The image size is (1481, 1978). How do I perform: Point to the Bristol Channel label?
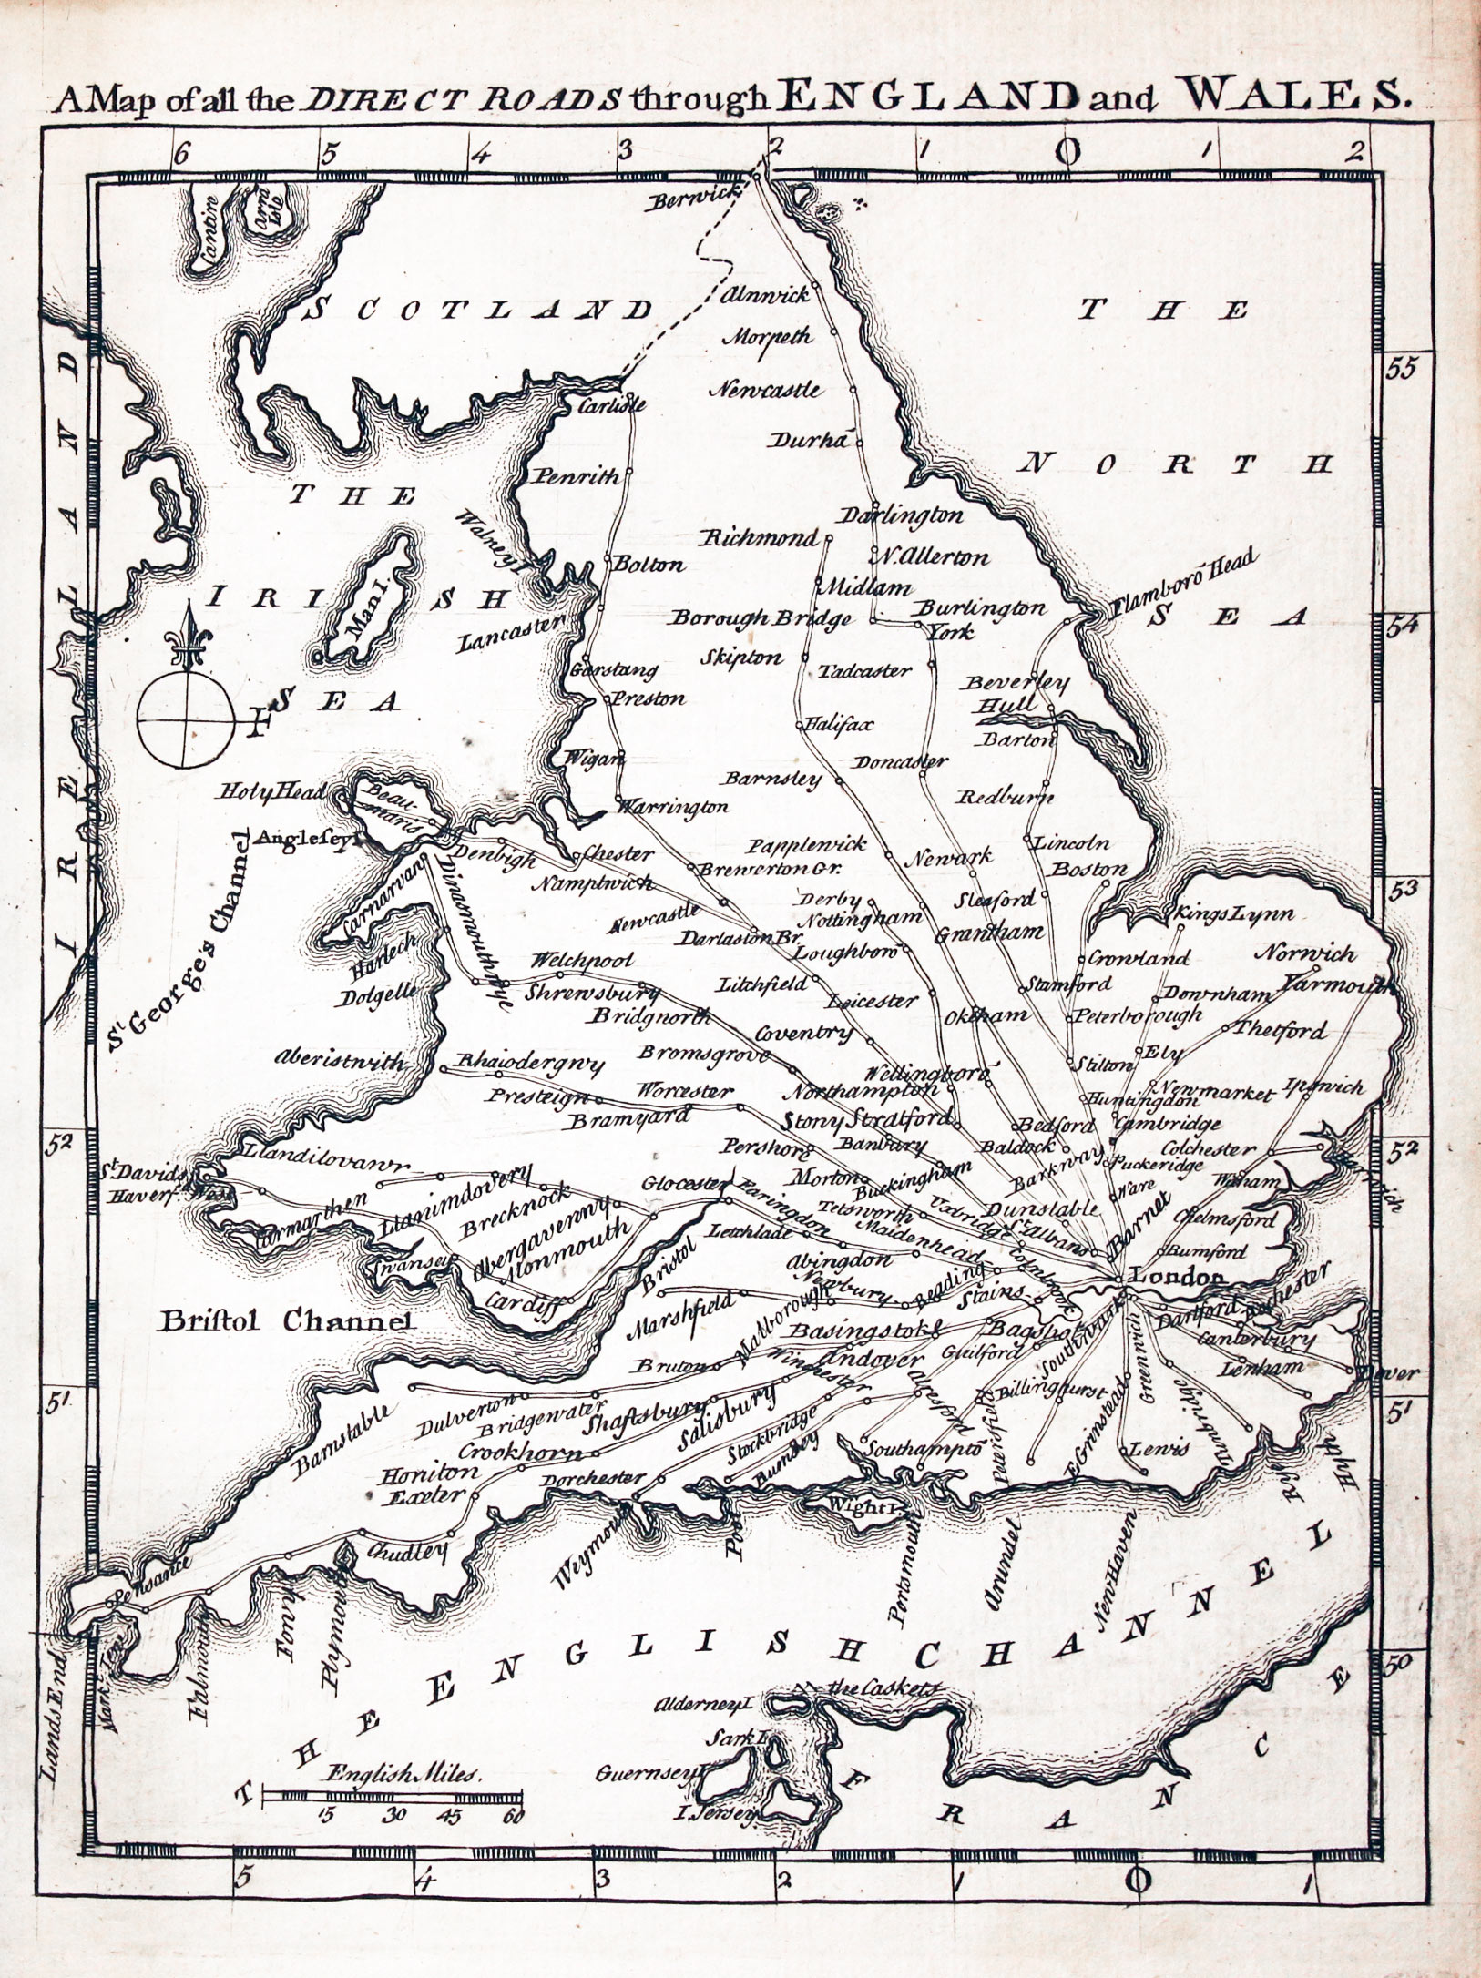286,1320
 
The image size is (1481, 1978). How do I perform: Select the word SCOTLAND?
478,309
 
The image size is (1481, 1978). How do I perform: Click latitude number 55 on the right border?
1400,369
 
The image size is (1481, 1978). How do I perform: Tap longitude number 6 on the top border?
180,153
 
